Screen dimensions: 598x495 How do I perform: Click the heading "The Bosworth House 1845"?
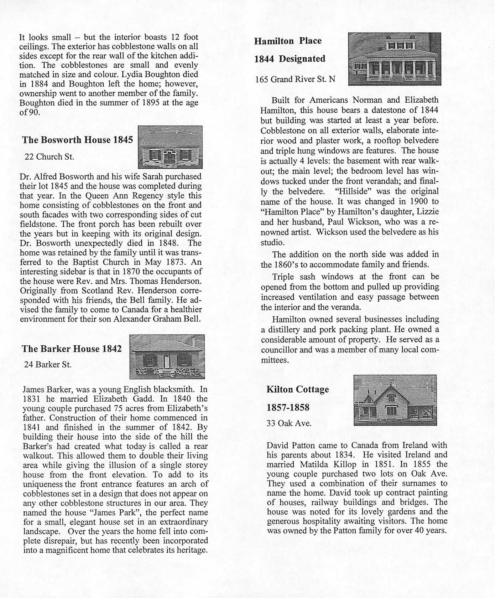(x=77, y=140)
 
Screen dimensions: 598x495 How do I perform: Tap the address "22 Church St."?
(x=49, y=157)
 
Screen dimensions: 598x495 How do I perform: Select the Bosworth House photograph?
(x=170, y=147)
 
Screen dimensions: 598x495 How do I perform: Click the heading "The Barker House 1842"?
(x=72, y=349)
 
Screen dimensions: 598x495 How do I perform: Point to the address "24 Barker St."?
(x=48, y=365)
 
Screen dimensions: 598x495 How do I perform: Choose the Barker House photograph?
(x=167, y=356)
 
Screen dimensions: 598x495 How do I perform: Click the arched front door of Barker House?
(x=166, y=361)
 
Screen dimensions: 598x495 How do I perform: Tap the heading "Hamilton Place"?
(x=288, y=41)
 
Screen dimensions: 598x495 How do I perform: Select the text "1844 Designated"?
(x=290, y=59)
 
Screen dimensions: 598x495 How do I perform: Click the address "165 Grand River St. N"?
(x=295, y=79)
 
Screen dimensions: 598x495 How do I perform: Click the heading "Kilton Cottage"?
(x=298, y=390)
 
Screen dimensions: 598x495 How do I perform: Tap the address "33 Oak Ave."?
(x=289, y=423)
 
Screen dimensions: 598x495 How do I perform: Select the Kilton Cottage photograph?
(x=395, y=400)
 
